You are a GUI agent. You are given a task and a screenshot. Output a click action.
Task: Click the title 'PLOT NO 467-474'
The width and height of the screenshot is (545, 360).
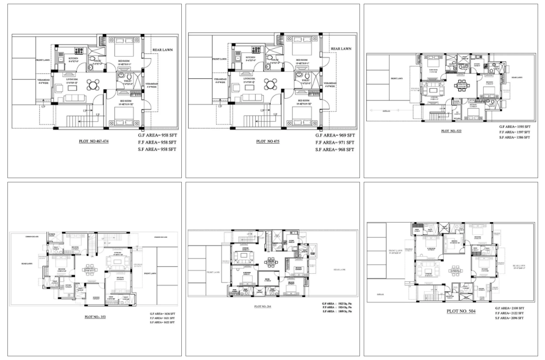[x=94, y=142]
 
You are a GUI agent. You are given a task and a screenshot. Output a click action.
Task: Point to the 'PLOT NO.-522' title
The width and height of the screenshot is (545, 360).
[x=450, y=131]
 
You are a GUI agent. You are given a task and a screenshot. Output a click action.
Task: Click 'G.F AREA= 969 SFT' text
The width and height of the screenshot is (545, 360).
[x=335, y=136]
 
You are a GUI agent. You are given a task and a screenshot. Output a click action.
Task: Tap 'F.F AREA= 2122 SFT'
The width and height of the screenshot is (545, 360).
[x=510, y=313]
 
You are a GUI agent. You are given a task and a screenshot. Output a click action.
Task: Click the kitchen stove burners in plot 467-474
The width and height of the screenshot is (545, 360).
[x=80, y=51]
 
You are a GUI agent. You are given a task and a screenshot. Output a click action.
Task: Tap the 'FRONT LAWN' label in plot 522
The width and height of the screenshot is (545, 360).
[x=396, y=78]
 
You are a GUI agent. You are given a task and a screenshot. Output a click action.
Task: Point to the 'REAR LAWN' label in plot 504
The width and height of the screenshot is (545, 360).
[x=519, y=267]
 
